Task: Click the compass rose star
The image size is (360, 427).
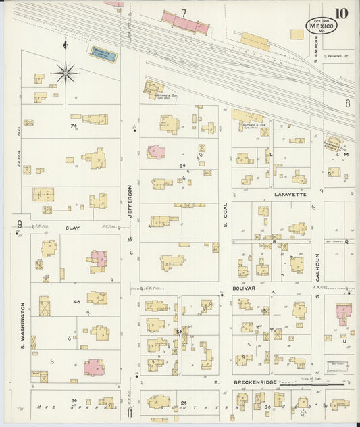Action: click(x=66, y=72)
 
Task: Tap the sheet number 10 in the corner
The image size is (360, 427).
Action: click(x=341, y=14)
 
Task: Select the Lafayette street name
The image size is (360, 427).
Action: click(x=290, y=194)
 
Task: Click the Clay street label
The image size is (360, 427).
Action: click(x=72, y=228)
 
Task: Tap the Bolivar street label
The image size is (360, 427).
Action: click(x=245, y=288)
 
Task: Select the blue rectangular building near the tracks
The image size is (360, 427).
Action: click(x=104, y=55)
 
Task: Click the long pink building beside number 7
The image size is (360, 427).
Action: click(x=184, y=22)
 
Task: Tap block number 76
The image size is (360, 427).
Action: click(x=74, y=126)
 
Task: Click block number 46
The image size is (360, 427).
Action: click(x=76, y=301)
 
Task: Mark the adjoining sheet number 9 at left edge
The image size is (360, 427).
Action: click(x=20, y=224)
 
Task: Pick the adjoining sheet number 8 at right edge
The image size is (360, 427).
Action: click(x=347, y=103)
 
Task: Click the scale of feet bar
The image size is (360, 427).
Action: click(x=317, y=383)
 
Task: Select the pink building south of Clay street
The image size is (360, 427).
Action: click(x=98, y=259)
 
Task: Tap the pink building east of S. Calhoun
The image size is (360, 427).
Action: click(x=343, y=313)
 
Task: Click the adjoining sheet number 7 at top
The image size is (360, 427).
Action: click(x=183, y=13)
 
